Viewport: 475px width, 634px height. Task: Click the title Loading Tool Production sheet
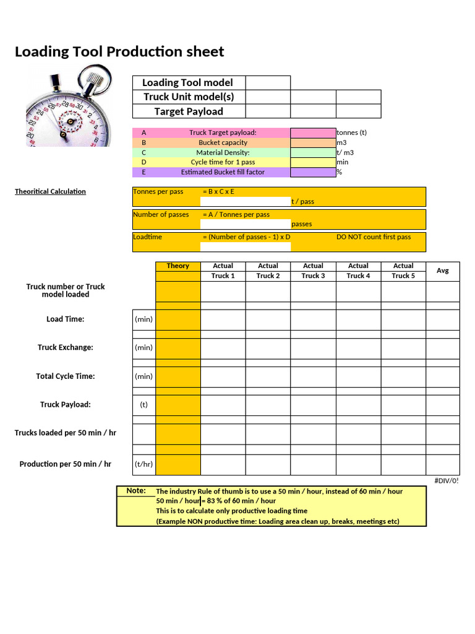[119, 52]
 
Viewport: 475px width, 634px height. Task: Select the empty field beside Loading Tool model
[268, 83]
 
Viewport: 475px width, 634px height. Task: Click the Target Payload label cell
[189, 111]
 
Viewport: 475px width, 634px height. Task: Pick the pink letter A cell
[144, 132]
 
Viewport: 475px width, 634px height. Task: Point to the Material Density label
[223, 152]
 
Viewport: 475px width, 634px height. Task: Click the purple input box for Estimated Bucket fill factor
[313, 172]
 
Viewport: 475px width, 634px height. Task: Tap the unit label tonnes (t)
[351, 132]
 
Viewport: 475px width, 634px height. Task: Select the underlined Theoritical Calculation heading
[50, 191]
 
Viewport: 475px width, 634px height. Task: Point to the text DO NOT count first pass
[373, 237]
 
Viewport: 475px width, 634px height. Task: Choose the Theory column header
[178, 266]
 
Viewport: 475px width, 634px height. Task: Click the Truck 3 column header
[313, 276]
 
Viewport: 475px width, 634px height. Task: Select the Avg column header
[442, 271]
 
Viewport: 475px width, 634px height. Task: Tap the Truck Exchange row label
[66, 347]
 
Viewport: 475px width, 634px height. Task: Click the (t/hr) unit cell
[144, 464]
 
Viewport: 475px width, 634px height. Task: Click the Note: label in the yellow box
[136, 491]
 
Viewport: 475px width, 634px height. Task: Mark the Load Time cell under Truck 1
[223, 319]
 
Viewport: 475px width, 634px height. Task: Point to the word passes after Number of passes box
[301, 224]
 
